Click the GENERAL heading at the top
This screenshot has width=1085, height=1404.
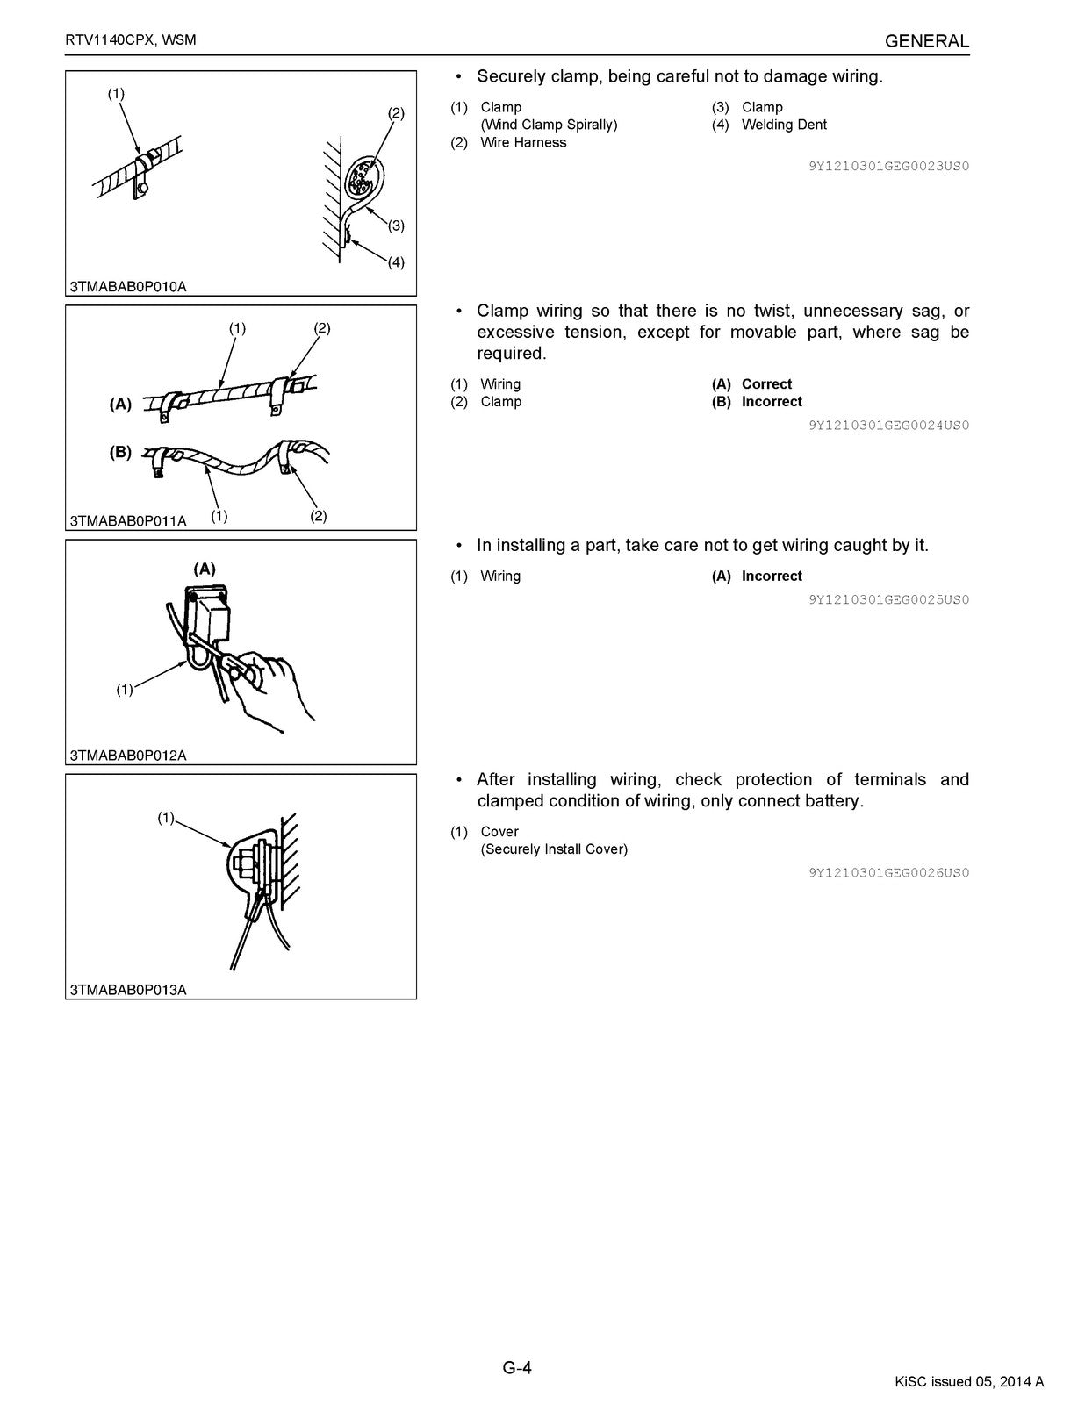[926, 41]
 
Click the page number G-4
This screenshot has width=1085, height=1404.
[517, 1367]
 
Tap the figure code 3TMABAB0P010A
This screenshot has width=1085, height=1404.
[128, 286]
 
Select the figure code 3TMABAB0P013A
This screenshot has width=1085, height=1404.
[128, 990]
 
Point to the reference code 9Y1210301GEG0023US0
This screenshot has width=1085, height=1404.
[888, 166]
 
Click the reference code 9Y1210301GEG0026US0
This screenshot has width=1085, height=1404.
[888, 872]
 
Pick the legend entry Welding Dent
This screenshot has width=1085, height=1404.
[784, 125]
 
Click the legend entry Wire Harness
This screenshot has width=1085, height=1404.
[523, 142]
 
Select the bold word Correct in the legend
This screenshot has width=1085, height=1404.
[766, 383]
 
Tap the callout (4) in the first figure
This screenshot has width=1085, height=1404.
[396, 262]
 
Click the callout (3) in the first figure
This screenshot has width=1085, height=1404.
[396, 226]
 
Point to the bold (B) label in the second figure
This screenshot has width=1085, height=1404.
[120, 452]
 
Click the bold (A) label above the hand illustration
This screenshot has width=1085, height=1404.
[204, 569]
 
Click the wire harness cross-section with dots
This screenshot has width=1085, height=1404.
[361, 179]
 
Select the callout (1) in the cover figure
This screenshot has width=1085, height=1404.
[166, 818]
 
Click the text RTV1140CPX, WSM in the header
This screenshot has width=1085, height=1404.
[131, 41]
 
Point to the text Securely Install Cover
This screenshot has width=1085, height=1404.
[554, 849]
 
